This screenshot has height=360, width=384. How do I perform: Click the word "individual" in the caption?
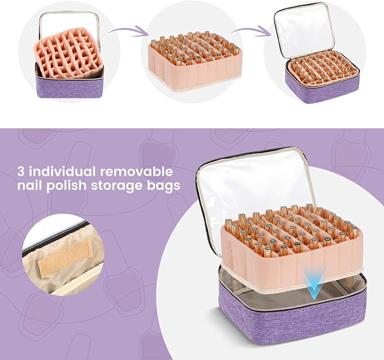(63, 171)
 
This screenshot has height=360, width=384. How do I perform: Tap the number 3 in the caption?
(21, 172)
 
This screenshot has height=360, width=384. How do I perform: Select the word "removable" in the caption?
(136, 171)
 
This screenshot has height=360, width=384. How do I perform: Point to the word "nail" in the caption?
(30, 185)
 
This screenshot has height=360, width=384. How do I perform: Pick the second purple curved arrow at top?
(252, 31)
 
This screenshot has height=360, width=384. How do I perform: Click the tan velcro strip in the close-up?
(65, 258)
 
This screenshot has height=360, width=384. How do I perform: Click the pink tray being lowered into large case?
(291, 252)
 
